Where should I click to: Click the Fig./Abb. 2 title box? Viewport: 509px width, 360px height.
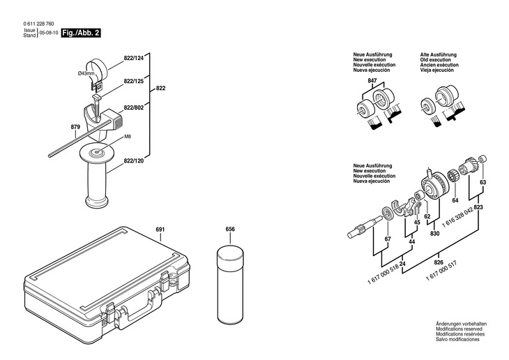click(82, 33)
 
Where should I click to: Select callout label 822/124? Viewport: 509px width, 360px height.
click(133, 58)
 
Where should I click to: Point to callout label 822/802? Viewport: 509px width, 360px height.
click(134, 108)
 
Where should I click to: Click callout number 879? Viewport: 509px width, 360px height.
click(75, 126)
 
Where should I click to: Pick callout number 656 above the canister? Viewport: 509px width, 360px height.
click(230, 229)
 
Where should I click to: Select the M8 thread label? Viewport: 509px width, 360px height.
click(128, 137)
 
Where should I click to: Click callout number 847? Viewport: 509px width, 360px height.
click(372, 82)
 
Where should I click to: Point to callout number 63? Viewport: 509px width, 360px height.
click(483, 182)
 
